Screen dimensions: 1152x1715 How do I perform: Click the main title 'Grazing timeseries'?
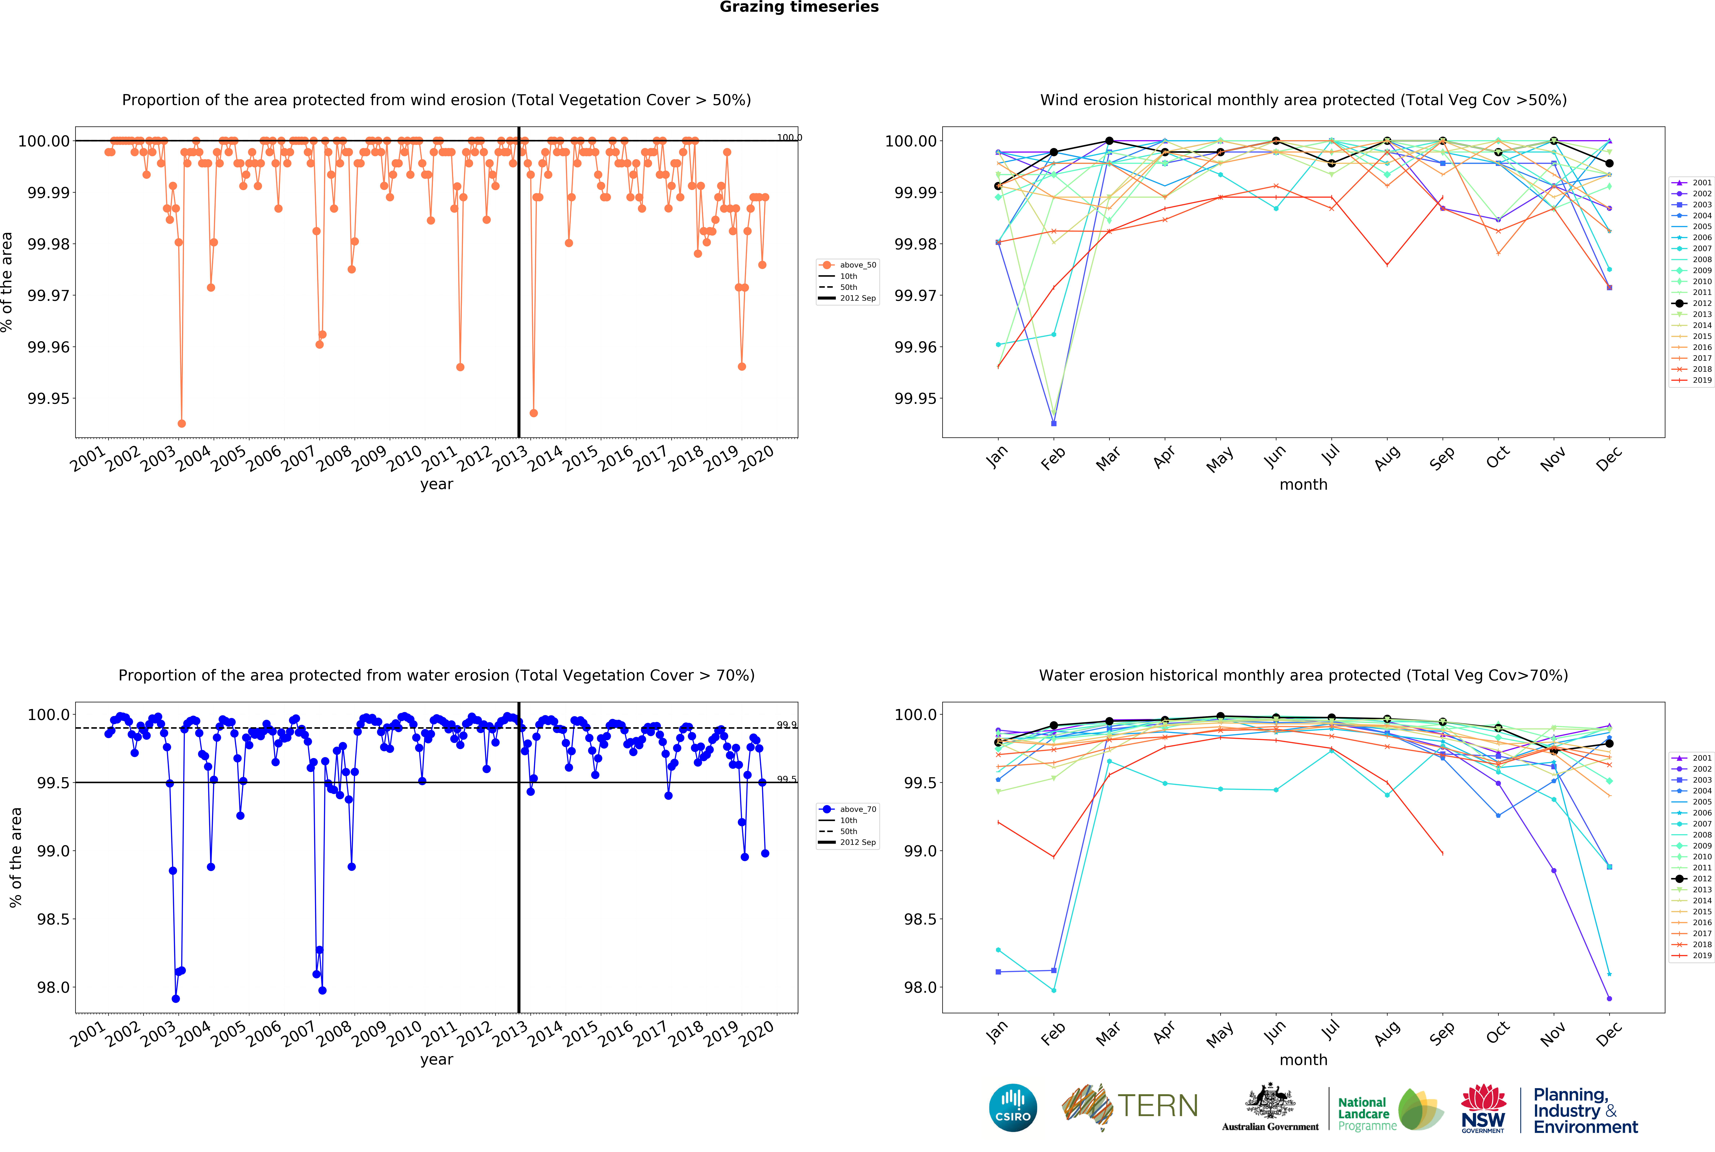799,7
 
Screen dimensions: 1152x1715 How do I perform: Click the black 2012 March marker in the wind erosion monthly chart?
1110,141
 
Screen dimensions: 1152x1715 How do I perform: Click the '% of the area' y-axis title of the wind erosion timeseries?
7,282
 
